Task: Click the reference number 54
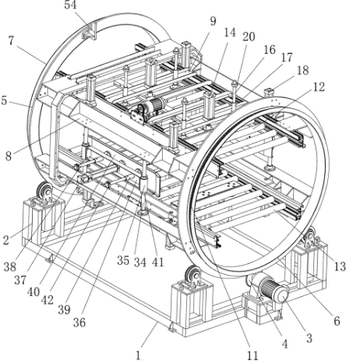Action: pyautogui.click(x=70, y=5)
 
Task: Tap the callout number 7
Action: pyautogui.click(x=11, y=41)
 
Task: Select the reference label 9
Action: pyautogui.click(x=213, y=21)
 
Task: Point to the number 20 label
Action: pyautogui.click(x=249, y=37)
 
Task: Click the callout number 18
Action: pyautogui.click(x=303, y=70)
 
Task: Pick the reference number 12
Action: pyautogui.click(x=319, y=87)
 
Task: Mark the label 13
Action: pyautogui.click(x=340, y=266)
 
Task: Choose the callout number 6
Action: pyautogui.click(x=337, y=321)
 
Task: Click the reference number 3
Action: pyautogui.click(x=309, y=338)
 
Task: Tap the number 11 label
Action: pyautogui.click(x=253, y=355)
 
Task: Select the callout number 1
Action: pyautogui.click(x=138, y=355)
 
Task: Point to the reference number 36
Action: pyautogui.click(x=79, y=322)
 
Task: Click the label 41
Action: pyautogui.click(x=157, y=262)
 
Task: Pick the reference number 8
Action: pyautogui.click(x=8, y=156)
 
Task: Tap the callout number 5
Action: pyautogui.click(x=4, y=101)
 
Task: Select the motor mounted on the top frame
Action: pyautogui.click(x=149, y=108)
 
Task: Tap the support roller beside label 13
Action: pyautogui.click(x=309, y=237)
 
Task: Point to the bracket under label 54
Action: pyautogui.click(x=89, y=32)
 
